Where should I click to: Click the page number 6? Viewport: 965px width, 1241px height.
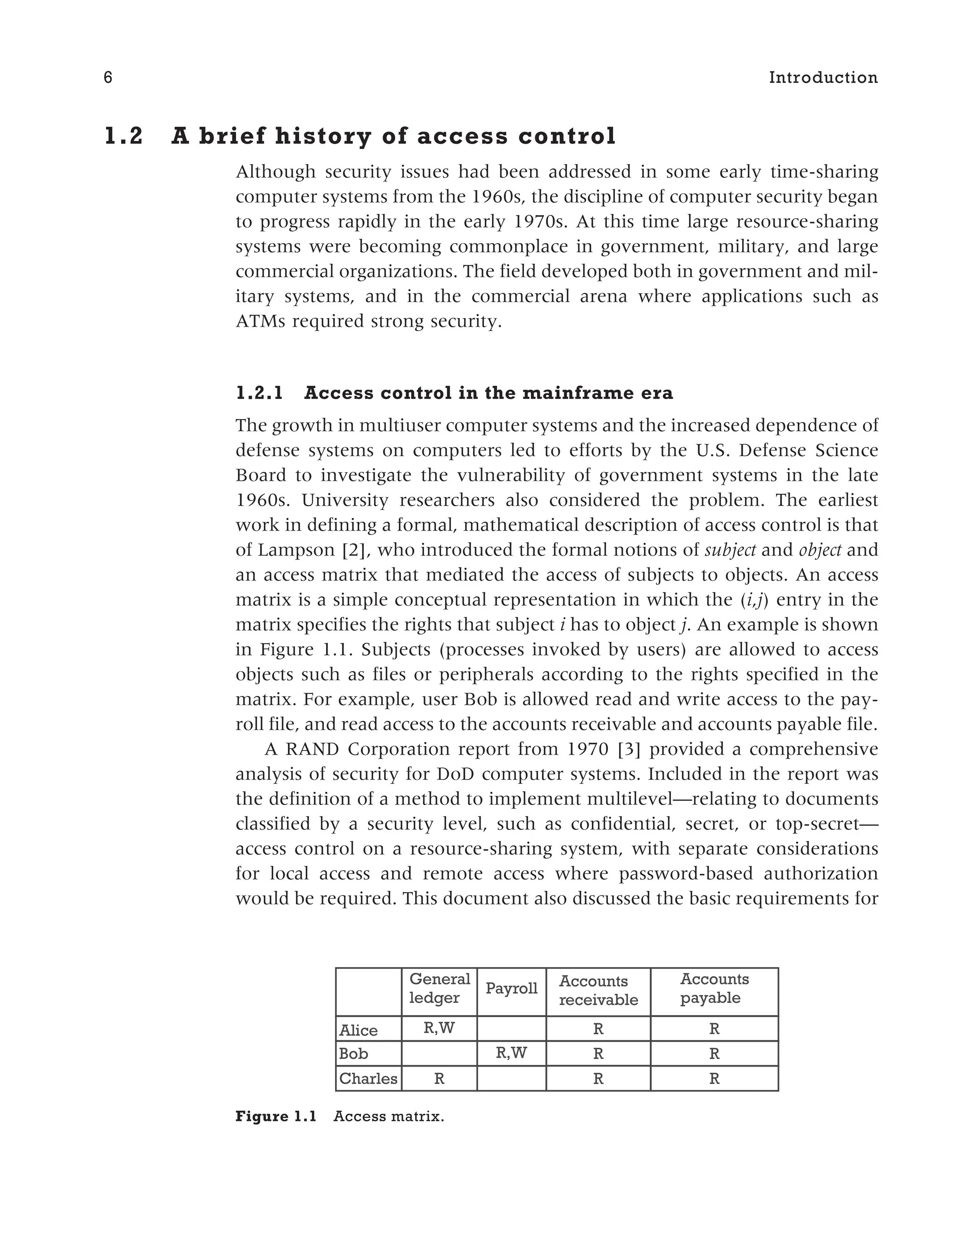point(108,78)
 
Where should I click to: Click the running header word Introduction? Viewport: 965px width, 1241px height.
point(823,78)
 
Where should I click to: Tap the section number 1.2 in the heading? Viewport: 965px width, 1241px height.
point(124,137)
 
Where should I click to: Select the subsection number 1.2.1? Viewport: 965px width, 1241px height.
point(259,393)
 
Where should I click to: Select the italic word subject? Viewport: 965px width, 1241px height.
point(730,550)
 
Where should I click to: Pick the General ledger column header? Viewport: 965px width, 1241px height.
point(439,988)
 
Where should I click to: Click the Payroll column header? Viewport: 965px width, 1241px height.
point(511,988)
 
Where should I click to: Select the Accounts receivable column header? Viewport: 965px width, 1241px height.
point(598,990)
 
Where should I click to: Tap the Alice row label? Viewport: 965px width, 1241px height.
point(359,1030)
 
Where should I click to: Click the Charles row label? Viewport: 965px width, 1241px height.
point(368,1078)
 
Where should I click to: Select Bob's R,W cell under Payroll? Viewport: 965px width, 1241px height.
point(511,1053)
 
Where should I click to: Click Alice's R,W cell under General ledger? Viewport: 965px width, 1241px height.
point(439,1028)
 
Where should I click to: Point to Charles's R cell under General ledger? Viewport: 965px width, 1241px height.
point(439,1078)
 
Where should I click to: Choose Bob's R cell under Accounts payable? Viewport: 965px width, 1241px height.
point(714,1054)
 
